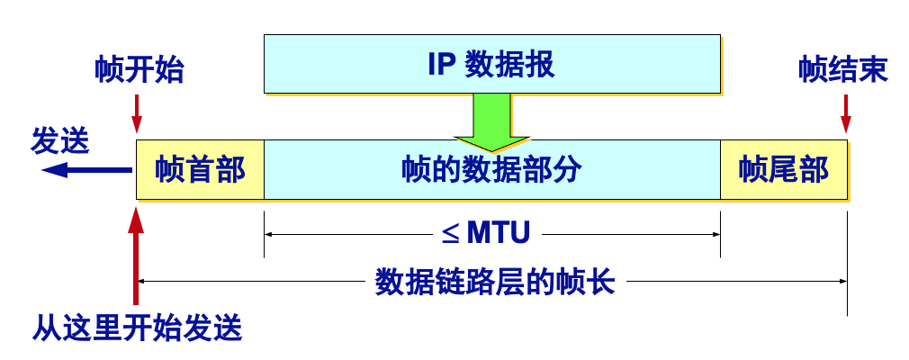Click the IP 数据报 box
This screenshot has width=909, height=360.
pyautogui.click(x=491, y=64)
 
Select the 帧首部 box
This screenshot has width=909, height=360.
pyautogui.click(x=200, y=169)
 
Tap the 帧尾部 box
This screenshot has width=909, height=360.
pyautogui.click(x=783, y=169)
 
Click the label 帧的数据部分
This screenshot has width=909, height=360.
pyautogui.click(x=491, y=169)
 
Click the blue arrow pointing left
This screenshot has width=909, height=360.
pyautogui.click(x=85, y=169)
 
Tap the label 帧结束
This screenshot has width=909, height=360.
pyautogui.click(x=843, y=70)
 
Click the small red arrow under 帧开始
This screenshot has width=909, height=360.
pyautogui.click(x=137, y=112)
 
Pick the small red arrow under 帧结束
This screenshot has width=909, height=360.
pyautogui.click(x=845, y=112)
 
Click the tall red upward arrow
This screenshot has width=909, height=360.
pyautogui.click(x=137, y=256)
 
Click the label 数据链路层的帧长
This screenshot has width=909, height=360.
pyautogui.click(x=495, y=283)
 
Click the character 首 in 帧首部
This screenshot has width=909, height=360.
pyautogui.click(x=200, y=169)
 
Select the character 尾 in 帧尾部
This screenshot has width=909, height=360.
pyautogui.click(x=783, y=169)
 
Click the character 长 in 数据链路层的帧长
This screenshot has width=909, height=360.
pyautogui.click(x=602, y=283)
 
